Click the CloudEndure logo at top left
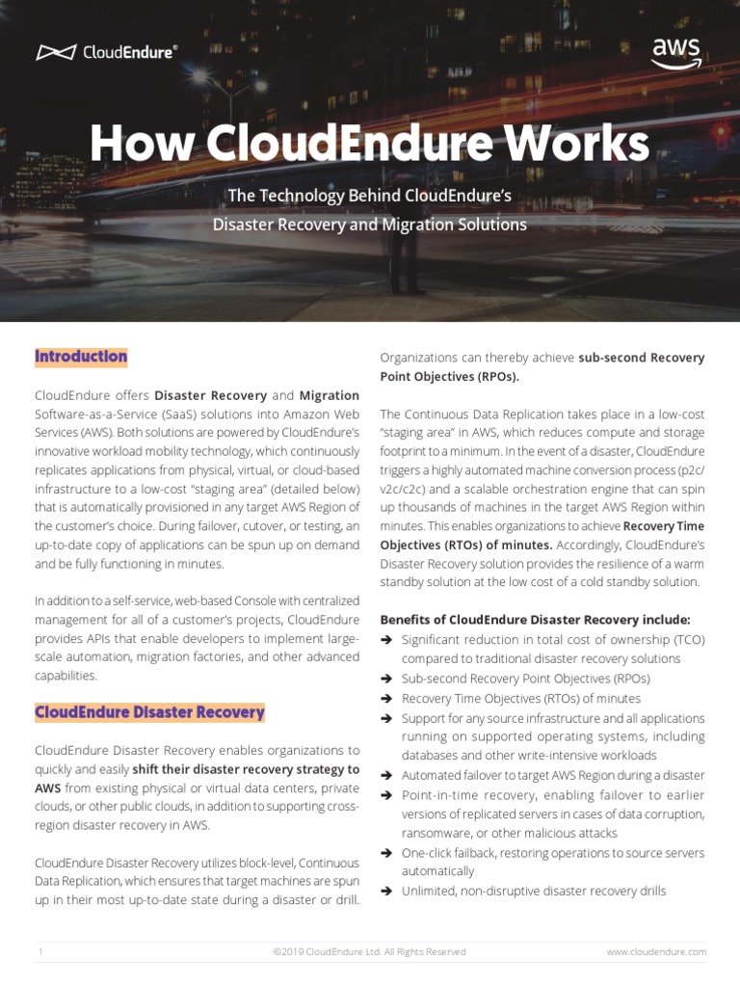pos(106,52)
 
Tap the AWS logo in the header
pos(676,51)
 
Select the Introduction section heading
pos(81,357)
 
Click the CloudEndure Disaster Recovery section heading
pos(149,712)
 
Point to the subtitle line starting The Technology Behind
pos(369,197)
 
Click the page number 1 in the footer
pos(41,951)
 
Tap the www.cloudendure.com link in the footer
pos(656,951)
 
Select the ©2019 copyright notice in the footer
pos(369,951)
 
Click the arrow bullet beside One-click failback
pos(386,853)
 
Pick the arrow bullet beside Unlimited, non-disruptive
pos(386,892)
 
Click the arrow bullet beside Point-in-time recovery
pos(386,795)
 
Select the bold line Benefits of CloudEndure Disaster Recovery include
pos(536,620)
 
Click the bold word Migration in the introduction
pos(330,395)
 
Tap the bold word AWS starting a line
pos(48,787)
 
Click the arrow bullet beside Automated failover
pos(386,775)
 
